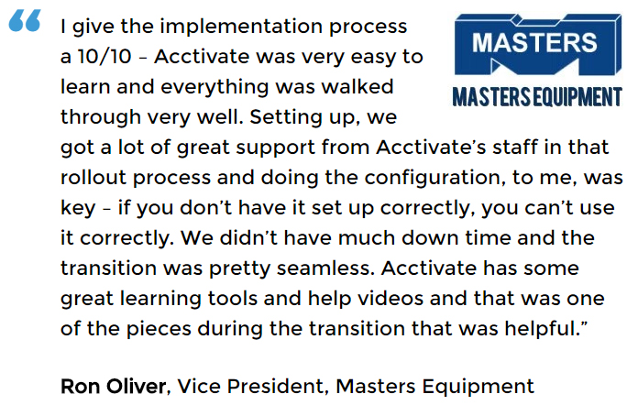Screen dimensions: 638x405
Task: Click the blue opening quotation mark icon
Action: coord(25,20)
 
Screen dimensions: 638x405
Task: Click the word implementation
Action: coord(241,27)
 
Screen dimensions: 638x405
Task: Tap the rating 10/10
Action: coord(104,56)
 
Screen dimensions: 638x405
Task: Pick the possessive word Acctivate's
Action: coord(431,148)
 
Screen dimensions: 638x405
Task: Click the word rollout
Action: coord(93,177)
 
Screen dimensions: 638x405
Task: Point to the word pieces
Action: coord(159,329)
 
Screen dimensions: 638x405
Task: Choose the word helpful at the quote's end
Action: coord(543,329)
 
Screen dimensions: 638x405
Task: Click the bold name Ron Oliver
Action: coord(113,387)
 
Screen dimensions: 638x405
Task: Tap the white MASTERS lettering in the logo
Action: coord(534,43)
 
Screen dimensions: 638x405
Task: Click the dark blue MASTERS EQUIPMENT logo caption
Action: coord(537,97)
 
